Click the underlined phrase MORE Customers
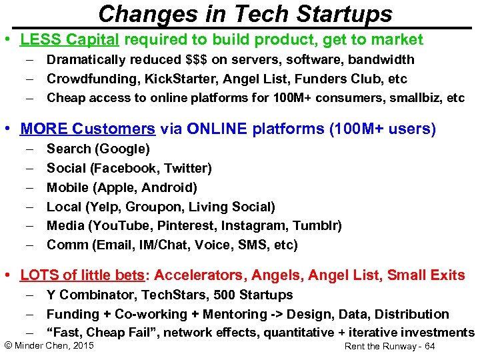tap(88, 129)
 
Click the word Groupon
tap(160, 207)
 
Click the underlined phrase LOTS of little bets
tap(81, 275)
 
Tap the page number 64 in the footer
tap(429, 347)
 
